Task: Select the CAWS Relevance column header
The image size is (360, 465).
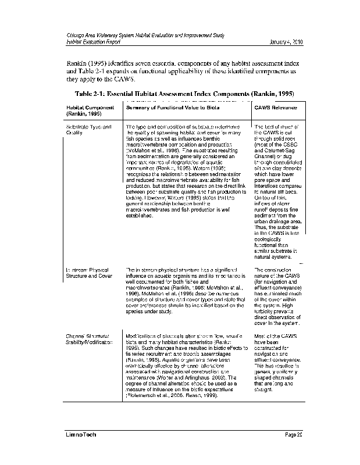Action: (x=276, y=108)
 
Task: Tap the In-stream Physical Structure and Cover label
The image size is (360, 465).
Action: (x=88, y=273)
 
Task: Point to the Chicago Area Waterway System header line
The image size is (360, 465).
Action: (x=145, y=36)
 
